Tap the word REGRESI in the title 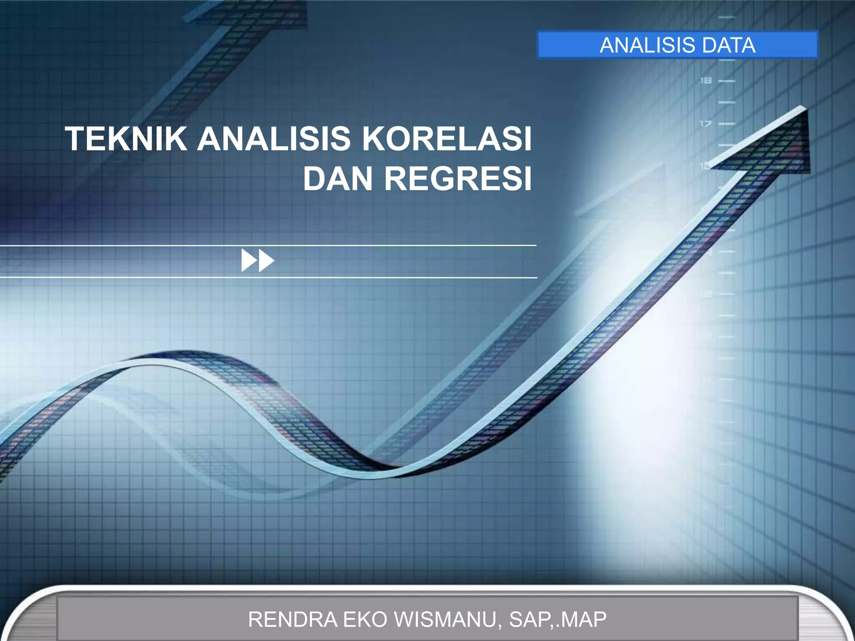click(458, 179)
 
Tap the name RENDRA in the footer click(293, 619)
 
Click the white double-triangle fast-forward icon click(258, 260)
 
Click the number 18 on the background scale click(706, 81)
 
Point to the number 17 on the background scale click(706, 124)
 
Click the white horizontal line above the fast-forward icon click(267, 246)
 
